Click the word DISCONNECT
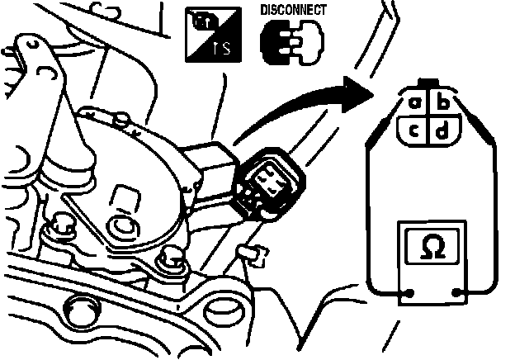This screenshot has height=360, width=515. click(x=293, y=10)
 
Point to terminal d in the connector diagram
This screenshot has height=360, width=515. click(x=442, y=130)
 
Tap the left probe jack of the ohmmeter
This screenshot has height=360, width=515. click(x=407, y=292)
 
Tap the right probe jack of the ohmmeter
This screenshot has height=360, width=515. click(x=459, y=292)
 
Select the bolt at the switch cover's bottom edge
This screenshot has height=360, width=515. click(x=172, y=258)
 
